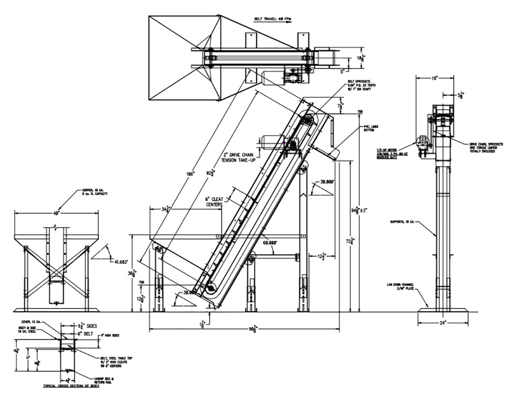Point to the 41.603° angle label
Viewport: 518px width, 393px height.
(x=121, y=263)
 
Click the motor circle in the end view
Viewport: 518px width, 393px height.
(x=422, y=141)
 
